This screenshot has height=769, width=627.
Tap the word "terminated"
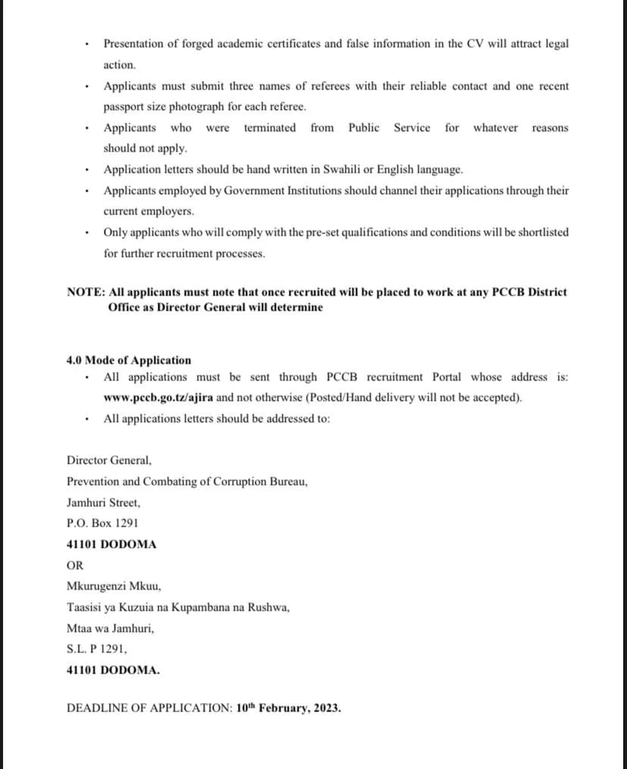point(270,127)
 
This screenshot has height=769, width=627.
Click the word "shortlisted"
point(540,233)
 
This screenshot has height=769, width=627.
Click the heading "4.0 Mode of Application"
point(129,361)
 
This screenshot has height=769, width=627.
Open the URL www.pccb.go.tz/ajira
point(159,398)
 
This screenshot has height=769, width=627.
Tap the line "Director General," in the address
point(109,460)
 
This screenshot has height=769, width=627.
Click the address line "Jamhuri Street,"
point(103,502)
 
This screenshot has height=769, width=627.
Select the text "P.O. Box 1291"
point(102,523)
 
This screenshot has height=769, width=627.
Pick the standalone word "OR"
point(75,565)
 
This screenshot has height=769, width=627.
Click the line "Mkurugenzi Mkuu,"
point(114,586)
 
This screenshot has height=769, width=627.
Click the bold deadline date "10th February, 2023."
point(288,709)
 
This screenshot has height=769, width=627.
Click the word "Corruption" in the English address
point(236,481)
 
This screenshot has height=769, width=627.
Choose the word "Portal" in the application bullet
point(447,377)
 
